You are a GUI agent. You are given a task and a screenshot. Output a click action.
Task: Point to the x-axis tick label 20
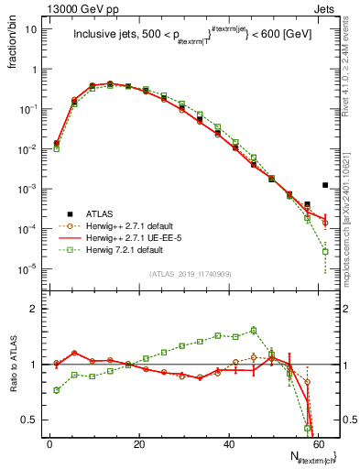139,443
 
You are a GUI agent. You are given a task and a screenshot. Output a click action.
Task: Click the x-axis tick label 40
229,443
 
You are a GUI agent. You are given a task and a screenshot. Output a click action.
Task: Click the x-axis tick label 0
49,443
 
